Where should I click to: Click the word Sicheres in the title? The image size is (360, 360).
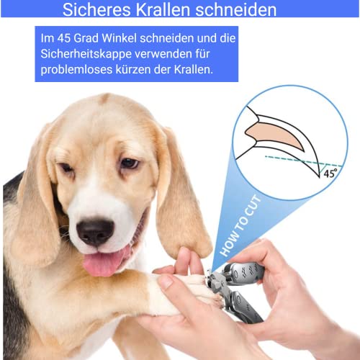(96, 9)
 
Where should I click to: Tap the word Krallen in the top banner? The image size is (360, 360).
(163, 9)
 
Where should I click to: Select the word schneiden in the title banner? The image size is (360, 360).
(236, 9)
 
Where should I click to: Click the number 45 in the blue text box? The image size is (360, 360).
(63, 38)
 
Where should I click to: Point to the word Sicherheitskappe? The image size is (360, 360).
(85, 54)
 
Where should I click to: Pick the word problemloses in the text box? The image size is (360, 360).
(76, 71)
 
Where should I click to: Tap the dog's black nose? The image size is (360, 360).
(95, 232)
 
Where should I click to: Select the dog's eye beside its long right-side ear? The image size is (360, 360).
(129, 163)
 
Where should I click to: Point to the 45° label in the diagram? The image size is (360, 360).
(330, 174)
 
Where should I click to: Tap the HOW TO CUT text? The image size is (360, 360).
(240, 225)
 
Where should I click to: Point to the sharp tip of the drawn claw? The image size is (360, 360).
(320, 177)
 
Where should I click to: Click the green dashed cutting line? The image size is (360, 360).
(304, 161)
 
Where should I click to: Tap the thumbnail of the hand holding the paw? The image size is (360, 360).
(166, 282)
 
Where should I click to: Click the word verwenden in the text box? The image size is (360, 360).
(163, 54)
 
